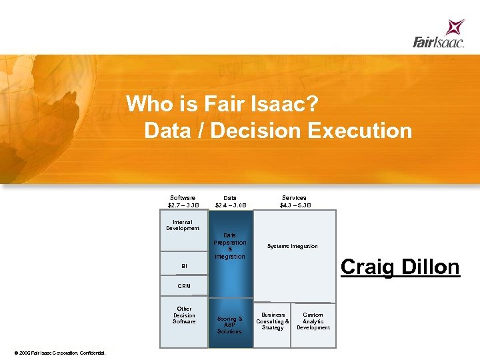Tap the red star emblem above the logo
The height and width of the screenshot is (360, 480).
coord(456,27)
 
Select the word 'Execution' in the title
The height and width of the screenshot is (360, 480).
coord(360,131)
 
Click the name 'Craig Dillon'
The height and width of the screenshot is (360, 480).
coord(400,267)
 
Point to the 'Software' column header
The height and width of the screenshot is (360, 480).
coord(183,198)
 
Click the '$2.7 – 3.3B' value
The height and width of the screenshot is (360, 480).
coord(183,205)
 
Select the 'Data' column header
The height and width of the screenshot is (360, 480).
coord(230,198)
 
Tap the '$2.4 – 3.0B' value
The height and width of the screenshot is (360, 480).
coord(230,205)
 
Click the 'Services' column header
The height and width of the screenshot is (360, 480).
coord(294,198)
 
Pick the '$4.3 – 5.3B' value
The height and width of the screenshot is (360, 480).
coord(295,205)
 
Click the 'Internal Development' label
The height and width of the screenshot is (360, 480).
coord(183,225)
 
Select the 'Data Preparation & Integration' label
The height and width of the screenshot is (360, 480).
coord(230,246)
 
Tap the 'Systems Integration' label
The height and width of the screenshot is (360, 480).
coord(293,246)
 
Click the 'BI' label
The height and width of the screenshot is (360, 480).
coord(184,266)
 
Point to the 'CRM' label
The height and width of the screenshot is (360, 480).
coord(184,286)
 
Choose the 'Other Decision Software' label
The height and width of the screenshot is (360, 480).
coord(184,315)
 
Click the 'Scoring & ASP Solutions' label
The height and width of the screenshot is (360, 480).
coord(230,325)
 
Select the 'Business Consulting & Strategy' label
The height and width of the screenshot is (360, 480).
coord(273,321)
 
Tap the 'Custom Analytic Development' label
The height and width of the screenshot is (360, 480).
coord(313,321)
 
